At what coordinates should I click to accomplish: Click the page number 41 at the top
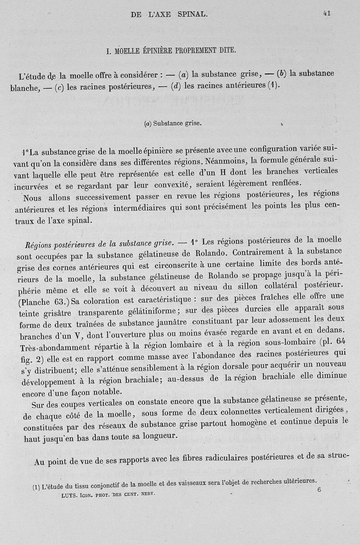coord(327,13)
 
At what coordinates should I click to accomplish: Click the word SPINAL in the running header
coord(192,15)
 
